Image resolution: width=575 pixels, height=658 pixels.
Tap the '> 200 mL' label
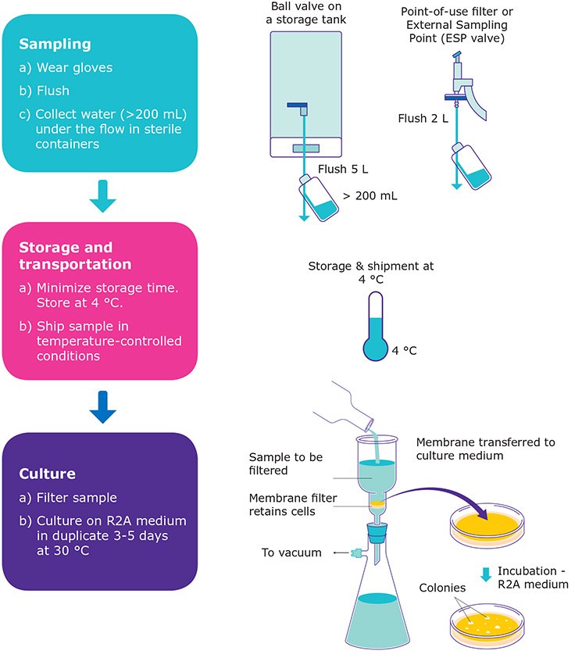pos(370,196)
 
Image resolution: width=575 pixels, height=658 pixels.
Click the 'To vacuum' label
pos(292,553)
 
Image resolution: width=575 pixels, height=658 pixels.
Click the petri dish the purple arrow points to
pos(484,538)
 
